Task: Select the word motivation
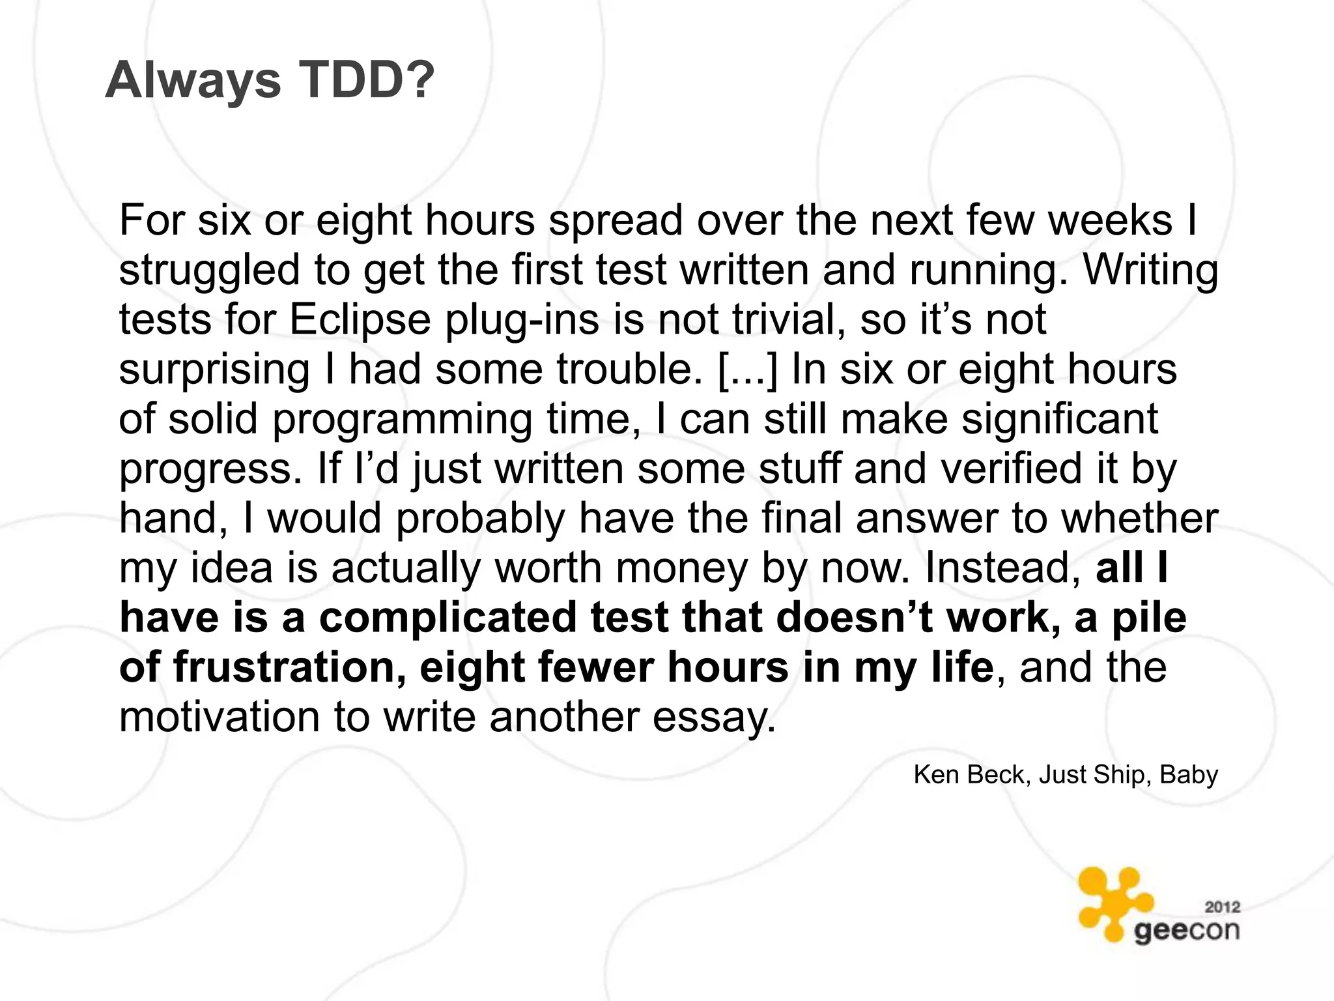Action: click(220, 717)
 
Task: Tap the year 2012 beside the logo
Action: click(1222, 907)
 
